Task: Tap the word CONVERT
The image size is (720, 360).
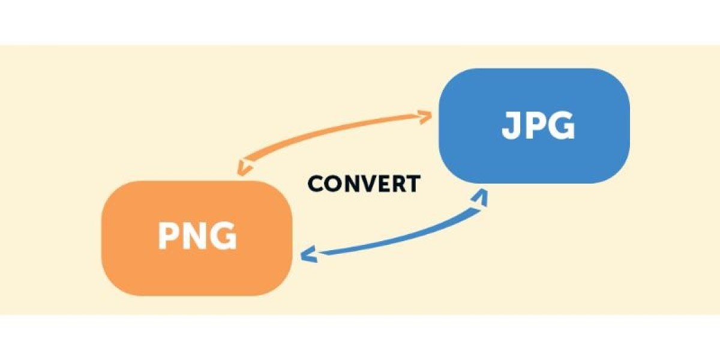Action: click(x=364, y=184)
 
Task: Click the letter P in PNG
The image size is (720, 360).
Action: click(x=169, y=236)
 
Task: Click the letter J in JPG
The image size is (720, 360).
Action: click(x=509, y=126)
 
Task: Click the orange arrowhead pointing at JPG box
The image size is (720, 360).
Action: click(x=425, y=116)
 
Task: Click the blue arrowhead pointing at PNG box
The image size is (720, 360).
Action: click(x=308, y=254)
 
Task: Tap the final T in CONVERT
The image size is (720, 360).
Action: click(x=412, y=184)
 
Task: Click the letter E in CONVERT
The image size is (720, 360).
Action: click(x=381, y=184)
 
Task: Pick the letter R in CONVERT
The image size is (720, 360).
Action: click(x=396, y=184)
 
